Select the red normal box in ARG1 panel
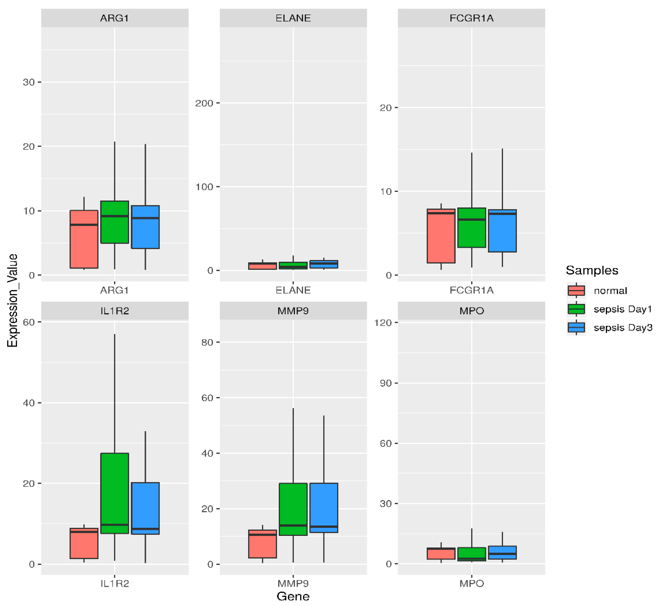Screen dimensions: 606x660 [84, 239]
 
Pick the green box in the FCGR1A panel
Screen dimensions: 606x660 [471, 228]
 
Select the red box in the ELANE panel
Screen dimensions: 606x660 [262, 266]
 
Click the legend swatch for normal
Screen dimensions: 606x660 [576, 290]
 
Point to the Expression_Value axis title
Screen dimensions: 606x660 [13, 300]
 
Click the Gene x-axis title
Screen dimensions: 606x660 [293, 596]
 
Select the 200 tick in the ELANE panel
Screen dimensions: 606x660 [204, 103]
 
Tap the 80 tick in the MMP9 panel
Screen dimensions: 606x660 [207, 342]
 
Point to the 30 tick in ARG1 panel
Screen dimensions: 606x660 [29, 82]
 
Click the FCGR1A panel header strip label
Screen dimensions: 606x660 [471, 18]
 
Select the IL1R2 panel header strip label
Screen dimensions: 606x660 [114, 311]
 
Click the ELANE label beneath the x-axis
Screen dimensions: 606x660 [293, 290]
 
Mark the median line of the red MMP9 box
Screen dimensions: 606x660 [262, 535]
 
